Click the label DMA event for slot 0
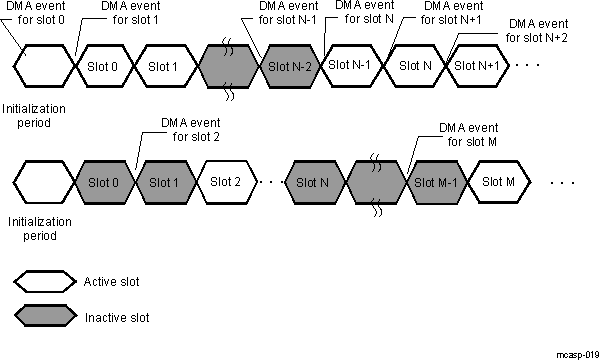(x=38, y=13)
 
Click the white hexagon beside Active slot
(x=45, y=280)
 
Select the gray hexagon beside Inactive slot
(x=45, y=317)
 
